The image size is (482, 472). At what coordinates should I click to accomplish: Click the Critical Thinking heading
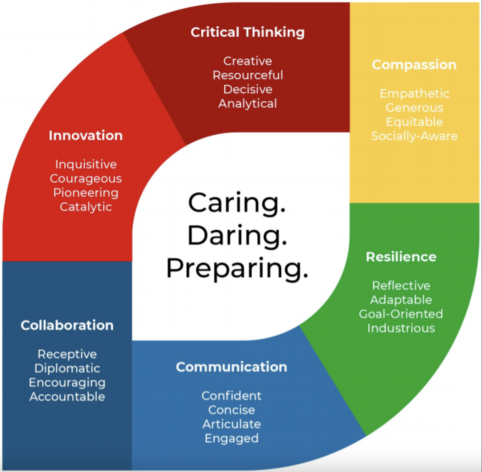point(247,32)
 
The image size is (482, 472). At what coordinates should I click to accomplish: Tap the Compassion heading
point(414,65)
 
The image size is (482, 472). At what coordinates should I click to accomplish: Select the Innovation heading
point(85,135)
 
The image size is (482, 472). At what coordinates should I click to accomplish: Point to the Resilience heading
point(401,257)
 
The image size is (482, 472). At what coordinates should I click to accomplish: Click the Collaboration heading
point(67,325)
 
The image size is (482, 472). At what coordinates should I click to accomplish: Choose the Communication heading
point(231,367)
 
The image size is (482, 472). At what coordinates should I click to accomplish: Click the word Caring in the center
point(237,203)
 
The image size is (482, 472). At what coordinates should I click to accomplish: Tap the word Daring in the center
point(237,236)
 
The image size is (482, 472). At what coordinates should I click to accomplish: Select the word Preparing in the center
point(237,268)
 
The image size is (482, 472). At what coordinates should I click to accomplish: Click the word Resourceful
point(248,75)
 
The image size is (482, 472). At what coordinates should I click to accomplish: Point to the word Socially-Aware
point(414,136)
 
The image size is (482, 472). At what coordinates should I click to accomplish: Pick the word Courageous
point(85,178)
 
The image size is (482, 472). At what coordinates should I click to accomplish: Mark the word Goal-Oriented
point(401,314)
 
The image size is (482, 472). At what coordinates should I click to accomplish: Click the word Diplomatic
point(67,368)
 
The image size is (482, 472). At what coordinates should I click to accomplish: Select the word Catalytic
point(85,207)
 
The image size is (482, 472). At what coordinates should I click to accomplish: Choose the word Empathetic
point(414,93)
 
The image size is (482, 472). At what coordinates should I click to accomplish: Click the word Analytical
point(248,104)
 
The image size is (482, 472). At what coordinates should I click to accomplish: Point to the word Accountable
point(67,397)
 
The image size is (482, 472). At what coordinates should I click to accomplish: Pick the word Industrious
point(401,328)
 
